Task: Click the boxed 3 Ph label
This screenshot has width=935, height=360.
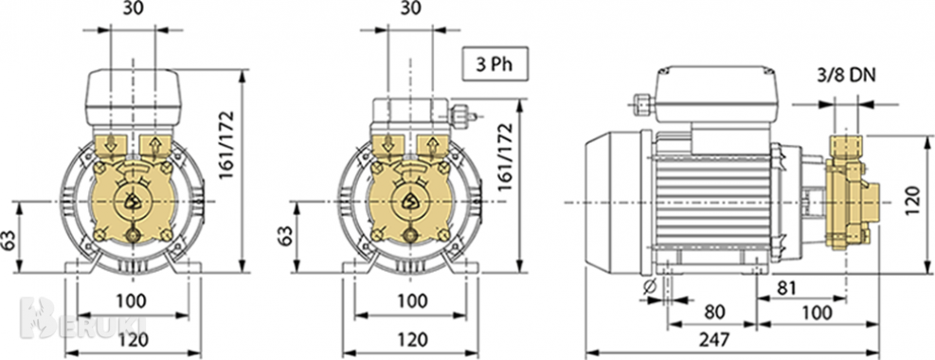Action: point(494,66)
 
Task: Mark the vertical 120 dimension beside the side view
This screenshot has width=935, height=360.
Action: point(913,202)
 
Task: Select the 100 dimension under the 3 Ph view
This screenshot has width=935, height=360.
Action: point(409,301)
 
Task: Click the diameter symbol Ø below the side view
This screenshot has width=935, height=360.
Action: point(650,286)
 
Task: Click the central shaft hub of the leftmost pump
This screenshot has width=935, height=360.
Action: point(133,201)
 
